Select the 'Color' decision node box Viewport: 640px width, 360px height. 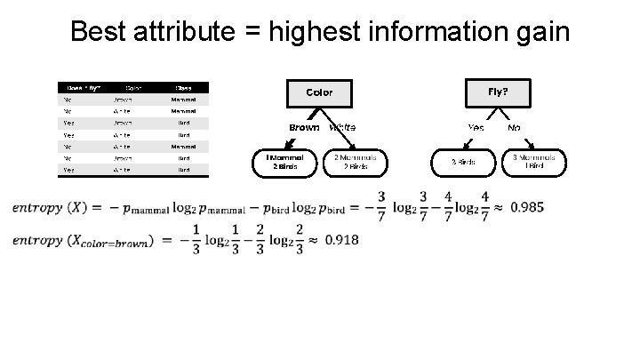tap(319, 92)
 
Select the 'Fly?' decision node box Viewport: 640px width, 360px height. tap(498, 92)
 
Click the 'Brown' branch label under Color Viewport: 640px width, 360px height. tap(304, 127)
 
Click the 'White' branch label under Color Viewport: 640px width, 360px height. tap(342, 127)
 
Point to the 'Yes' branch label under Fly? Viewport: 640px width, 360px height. tap(476, 127)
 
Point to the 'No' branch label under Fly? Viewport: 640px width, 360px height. tap(514, 127)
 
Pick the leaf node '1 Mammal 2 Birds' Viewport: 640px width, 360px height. tap(284, 161)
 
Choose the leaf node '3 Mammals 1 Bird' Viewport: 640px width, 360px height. tap(533, 161)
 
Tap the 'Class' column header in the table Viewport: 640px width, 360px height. tap(183, 88)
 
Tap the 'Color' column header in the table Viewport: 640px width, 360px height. tap(133, 88)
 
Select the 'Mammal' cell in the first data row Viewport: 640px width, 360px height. tap(183, 100)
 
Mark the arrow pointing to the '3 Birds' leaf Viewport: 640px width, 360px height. tap(479, 144)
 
